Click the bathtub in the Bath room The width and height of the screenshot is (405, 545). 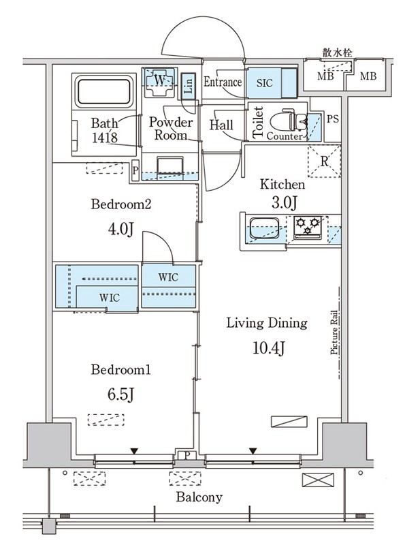pos(104,92)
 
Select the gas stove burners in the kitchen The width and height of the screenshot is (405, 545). pos(308,226)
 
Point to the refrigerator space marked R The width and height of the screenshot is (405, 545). pos(324,161)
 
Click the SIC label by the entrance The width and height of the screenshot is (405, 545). pos(265,83)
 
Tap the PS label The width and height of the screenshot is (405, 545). pos(332,119)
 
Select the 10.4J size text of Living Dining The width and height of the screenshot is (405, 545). pos(268,348)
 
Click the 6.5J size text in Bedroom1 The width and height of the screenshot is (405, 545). pos(120,394)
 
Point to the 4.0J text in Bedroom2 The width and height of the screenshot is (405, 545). pos(120,229)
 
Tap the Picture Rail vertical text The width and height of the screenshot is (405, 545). pos(334,332)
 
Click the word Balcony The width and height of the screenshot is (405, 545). pos(199,497)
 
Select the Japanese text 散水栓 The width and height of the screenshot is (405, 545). pos(337,53)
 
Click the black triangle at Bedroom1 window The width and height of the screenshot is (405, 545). pos(134,451)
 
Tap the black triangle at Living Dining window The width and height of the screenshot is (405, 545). pos(253,451)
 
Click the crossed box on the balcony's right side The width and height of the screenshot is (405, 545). pos(318,480)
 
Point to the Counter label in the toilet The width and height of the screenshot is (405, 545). pos(285,136)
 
